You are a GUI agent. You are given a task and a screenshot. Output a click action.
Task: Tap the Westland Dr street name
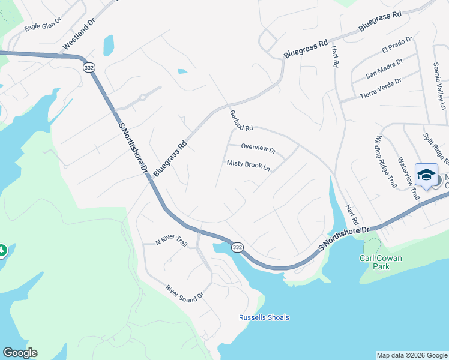tap(78, 37)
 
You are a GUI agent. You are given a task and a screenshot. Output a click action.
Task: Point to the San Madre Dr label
tap(384, 68)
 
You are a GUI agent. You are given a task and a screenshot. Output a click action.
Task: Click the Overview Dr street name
tap(258, 148)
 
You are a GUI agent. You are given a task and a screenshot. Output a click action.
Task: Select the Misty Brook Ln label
tap(248, 165)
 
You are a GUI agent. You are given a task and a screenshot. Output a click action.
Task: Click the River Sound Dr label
tap(185, 293)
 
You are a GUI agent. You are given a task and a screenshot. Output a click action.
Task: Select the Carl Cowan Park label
tap(380, 262)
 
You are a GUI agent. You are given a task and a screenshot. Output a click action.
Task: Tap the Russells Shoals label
tap(264, 317)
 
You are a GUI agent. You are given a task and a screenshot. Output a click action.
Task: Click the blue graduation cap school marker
tap(426, 175)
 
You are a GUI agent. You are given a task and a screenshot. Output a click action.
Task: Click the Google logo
tap(20, 353)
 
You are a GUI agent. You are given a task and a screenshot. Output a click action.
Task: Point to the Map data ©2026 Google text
tap(412, 355)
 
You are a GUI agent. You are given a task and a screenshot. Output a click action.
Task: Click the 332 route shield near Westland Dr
tap(88, 67)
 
